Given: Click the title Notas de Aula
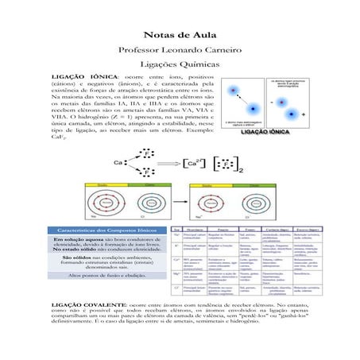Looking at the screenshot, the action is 180,35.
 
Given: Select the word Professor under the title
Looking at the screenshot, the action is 141,50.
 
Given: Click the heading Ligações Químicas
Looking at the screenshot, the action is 180,65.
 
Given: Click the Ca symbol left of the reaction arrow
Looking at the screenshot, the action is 118,162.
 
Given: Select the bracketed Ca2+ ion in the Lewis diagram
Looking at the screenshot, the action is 194,163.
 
